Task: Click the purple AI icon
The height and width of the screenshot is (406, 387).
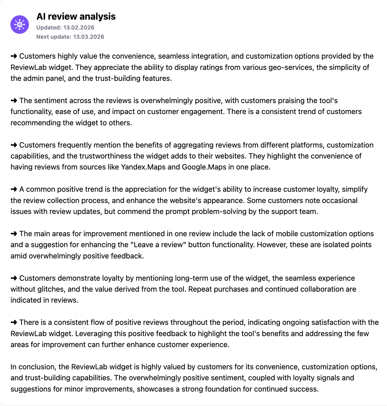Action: (x=20, y=25)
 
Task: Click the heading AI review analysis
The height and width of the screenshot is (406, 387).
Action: (x=76, y=16)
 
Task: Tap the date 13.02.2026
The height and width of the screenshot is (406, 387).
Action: (x=79, y=27)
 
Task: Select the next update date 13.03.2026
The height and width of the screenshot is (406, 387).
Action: (x=89, y=37)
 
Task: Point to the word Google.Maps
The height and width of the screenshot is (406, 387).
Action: (x=204, y=167)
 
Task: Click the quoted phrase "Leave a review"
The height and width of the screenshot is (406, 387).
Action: (x=158, y=245)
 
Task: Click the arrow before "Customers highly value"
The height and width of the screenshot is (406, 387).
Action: (x=14, y=56)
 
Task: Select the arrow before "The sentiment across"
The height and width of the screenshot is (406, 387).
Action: (x=14, y=100)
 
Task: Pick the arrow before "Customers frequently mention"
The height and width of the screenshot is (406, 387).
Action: (x=14, y=145)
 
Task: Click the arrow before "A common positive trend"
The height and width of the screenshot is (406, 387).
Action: (x=14, y=189)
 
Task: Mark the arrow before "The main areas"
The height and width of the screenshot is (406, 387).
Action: (x=14, y=234)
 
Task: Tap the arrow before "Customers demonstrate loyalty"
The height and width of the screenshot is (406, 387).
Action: (x=14, y=278)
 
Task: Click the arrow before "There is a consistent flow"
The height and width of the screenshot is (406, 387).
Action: (x=14, y=323)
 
